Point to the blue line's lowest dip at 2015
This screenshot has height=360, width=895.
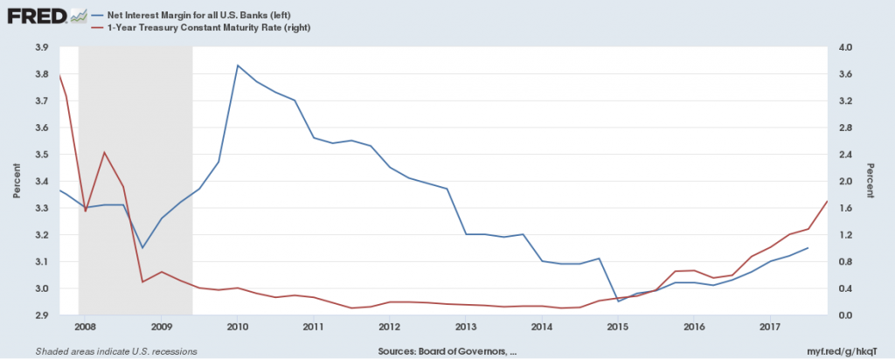point(619,301)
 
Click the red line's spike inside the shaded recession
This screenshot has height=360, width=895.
point(104,152)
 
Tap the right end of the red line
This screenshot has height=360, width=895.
point(827,202)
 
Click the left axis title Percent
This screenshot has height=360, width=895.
point(16,181)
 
